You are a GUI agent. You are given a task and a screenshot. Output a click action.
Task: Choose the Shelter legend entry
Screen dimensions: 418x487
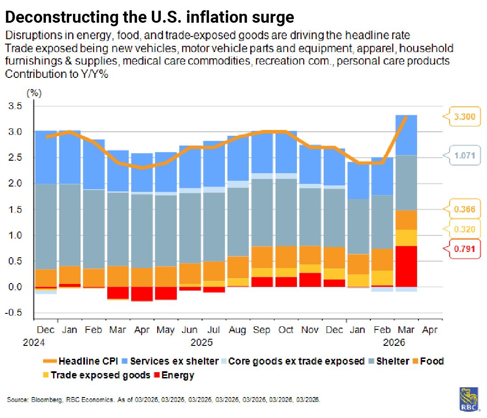click(x=392, y=361)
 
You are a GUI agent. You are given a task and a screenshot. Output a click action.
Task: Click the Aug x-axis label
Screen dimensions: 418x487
click(x=237, y=330)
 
